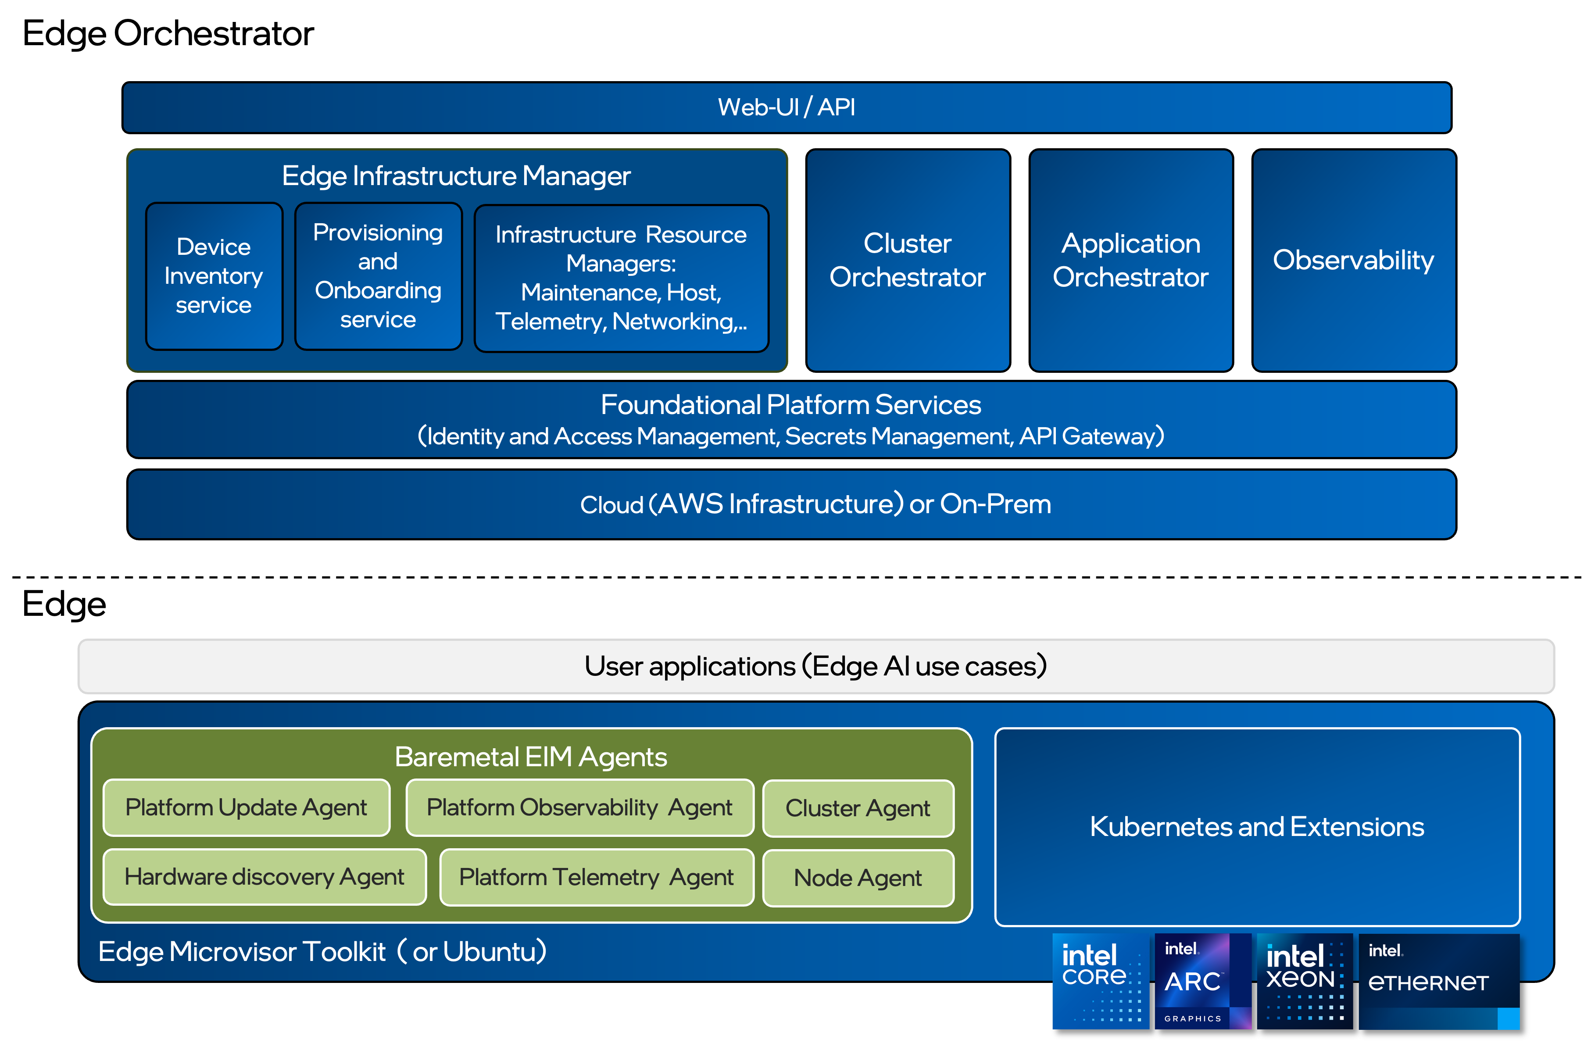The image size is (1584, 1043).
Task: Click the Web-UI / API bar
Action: click(787, 107)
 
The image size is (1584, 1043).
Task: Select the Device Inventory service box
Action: click(214, 275)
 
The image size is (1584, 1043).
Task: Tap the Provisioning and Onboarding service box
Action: click(378, 275)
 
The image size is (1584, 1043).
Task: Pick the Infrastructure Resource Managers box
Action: click(621, 278)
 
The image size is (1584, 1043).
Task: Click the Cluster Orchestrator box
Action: click(907, 260)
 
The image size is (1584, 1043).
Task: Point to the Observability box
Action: click(1353, 260)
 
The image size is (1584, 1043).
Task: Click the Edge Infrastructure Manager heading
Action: click(456, 176)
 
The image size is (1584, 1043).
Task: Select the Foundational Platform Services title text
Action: click(790, 405)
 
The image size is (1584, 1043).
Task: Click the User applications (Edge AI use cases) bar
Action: click(815, 666)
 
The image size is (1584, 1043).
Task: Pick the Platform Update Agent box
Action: click(246, 807)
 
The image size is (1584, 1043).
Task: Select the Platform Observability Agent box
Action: click(579, 807)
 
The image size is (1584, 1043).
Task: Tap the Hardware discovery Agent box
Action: click(264, 877)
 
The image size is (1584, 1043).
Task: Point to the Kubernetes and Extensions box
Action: click(1257, 827)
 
